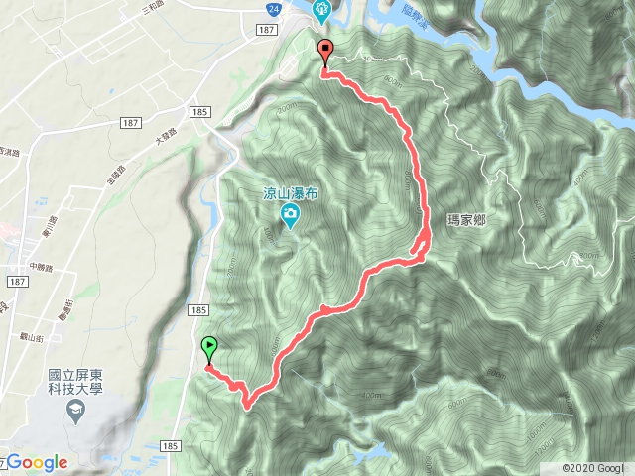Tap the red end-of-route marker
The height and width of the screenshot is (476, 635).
(x=324, y=50)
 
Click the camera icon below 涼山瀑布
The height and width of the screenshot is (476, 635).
(x=290, y=216)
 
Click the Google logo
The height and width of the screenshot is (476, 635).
(x=37, y=462)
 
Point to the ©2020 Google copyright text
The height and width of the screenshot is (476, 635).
(x=594, y=467)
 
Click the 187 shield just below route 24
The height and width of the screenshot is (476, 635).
(x=265, y=31)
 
